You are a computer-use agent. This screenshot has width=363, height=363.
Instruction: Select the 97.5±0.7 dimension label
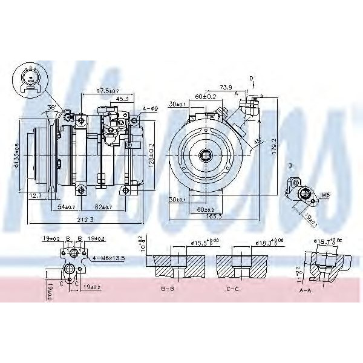click(107, 91)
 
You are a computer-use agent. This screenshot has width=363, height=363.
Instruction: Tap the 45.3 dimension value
click(121, 99)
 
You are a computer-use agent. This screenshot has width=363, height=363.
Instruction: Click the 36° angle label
click(52, 107)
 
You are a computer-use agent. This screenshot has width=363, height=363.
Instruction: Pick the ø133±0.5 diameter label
click(15, 157)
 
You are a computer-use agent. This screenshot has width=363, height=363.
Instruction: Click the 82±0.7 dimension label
click(100, 207)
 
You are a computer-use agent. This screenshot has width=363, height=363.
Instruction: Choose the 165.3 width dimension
click(214, 215)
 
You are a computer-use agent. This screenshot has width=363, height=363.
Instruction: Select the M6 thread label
click(324, 195)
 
